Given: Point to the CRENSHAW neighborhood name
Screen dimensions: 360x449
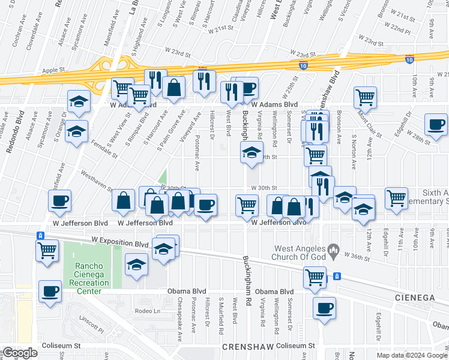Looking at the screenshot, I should [x=246, y=347].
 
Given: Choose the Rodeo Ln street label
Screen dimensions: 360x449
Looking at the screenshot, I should [x=148, y=311].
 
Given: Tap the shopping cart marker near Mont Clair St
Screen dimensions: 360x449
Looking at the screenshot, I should [x=365, y=96].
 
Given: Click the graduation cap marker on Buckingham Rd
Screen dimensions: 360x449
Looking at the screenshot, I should [x=252, y=152].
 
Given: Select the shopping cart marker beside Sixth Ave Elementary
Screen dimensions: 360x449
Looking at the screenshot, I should [x=396, y=197].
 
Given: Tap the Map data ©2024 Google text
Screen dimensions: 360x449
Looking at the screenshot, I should [x=411, y=355].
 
